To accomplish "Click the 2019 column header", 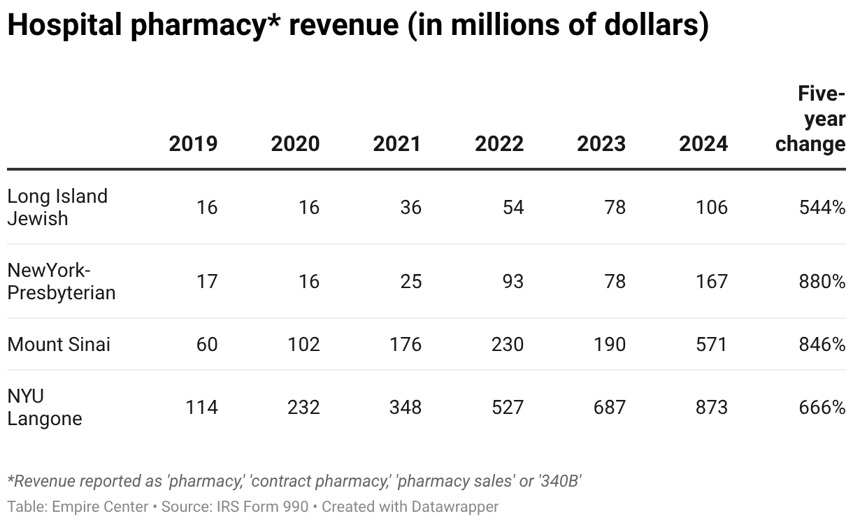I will [x=193, y=144].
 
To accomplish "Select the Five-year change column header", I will [x=811, y=120].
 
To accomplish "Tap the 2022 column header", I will [x=499, y=144].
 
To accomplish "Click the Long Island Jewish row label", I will [x=57, y=207].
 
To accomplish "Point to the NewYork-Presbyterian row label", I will [x=61, y=281].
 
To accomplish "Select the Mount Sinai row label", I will [x=59, y=344].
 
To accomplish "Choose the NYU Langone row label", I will [x=45, y=407].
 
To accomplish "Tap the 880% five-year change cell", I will [x=822, y=281].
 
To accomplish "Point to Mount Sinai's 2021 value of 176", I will [x=406, y=344].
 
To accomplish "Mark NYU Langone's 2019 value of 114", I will [x=201, y=407].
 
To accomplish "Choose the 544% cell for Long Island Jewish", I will [x=822, y=207].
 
